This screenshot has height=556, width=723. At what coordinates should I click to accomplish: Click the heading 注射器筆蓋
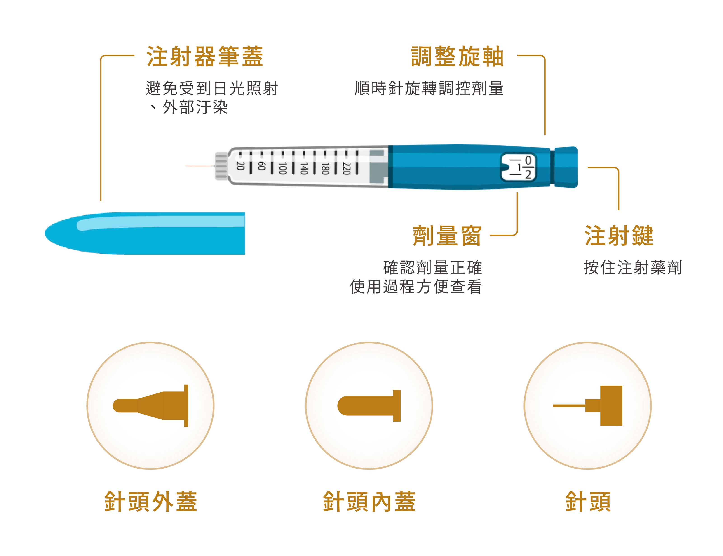[x=205, y=56]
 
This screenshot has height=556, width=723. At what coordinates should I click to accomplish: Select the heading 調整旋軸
[x=457, y=56]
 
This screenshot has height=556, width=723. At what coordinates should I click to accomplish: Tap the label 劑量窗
[x=446, y=236]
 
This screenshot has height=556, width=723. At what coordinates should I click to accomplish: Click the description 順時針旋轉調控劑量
[x=429, y=88]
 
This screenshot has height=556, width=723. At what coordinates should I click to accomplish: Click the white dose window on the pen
[x=518, y=167]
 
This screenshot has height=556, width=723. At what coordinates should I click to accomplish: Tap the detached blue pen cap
[x=145, y=233]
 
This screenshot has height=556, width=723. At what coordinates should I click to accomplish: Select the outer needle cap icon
[x=150, y=405]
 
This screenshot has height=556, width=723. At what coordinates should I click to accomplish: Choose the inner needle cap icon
[x=369, y=405]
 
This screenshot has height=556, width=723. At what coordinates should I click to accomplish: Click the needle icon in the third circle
[x=587, y=405]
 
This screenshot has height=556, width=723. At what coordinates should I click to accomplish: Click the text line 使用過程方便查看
[x=416, y=287]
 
